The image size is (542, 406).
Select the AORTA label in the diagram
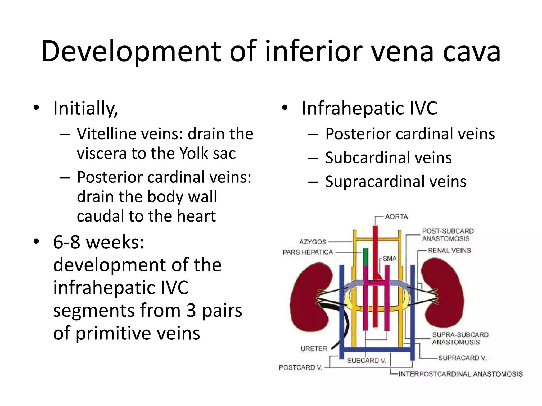click(396, 217)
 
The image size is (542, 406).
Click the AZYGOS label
click(313, 242)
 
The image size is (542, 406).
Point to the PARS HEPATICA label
click(308, 252)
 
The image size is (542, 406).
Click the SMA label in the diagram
click(390, 259)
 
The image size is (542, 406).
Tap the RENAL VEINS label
click(449, 250)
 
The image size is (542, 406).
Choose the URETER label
click(314, 349)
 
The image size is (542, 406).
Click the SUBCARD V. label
click(367, 361)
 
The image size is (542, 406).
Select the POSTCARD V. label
click(300, 367)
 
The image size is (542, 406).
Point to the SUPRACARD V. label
click(462, 358)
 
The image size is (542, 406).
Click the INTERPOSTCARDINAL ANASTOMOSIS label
click(460, 374)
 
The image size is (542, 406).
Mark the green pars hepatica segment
click(365, 257)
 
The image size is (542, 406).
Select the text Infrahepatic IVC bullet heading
click(369, 108)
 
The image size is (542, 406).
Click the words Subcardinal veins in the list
click(388, 158)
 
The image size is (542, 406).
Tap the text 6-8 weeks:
click(99, 242)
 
